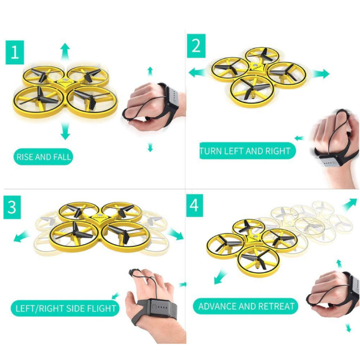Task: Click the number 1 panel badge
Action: pyautogui.click(x=15, y=52)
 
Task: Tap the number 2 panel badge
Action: pyautogui.click(x=196, y=46)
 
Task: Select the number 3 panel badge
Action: pyautogui.click(x=12, y=207)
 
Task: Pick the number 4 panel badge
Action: pyautogui.click(x=194, y=206)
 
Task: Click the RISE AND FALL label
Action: pyautogui.click(x=43, y=157)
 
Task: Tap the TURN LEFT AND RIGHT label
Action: pyautogui.click(x=247, y=151)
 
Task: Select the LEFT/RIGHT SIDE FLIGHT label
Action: pyautogui.click(x=65, y=308)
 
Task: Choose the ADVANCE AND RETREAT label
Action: pyautogui.click(x=246, y=307)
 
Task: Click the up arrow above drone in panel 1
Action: pyautogui.click(x=65, y=51)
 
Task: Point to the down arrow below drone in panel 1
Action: pyautogui.click(x=65, y=131)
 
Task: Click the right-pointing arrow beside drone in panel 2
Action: pyautogui.click(x=321, y=74)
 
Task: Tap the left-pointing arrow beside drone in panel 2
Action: pyautogui.click(x=197, y=73)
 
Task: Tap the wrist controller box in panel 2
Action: pyautogui.click(x=331, y=160)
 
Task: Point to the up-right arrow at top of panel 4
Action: pyautogui.click(x=350, y=204)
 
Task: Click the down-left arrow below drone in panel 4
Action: pyautogui.click(x=220, y=277)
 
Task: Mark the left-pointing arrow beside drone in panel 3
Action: pyautogui.click(x=21, y=237)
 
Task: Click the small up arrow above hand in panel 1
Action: pyautogui.click(x=150, y=71)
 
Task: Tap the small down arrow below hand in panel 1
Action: pyautogui.click(x=150, y=147)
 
